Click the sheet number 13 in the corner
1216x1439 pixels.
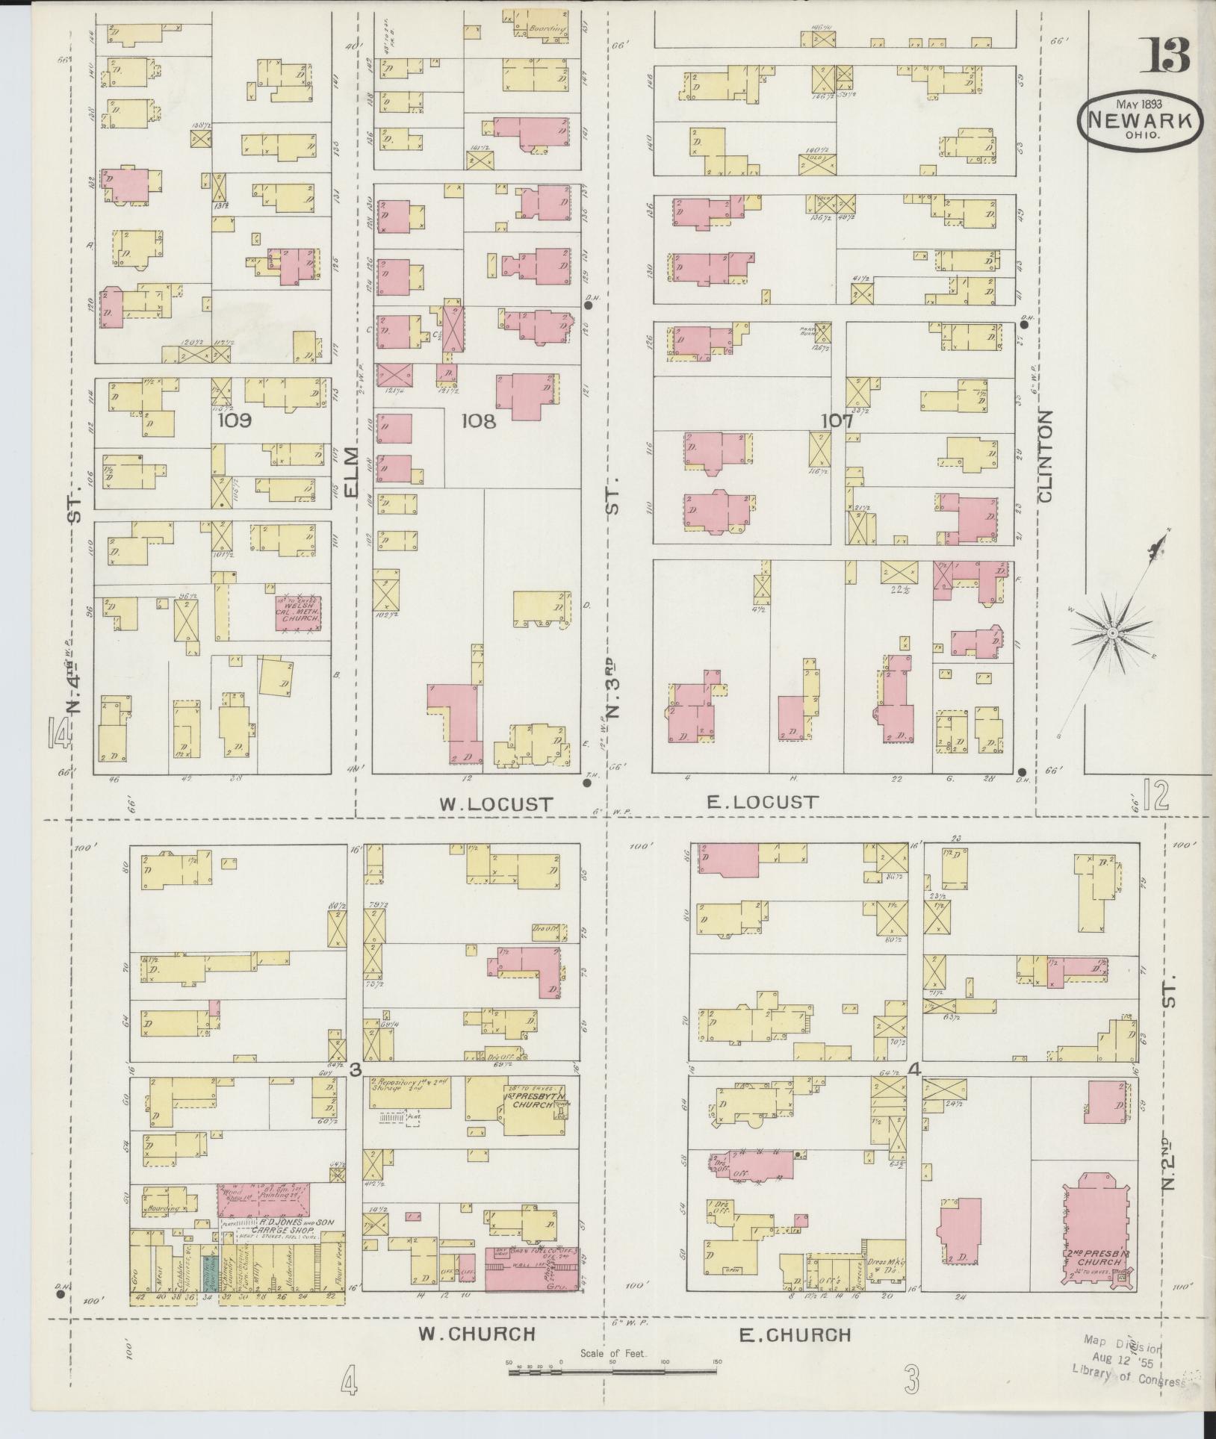[x=1170, y=55]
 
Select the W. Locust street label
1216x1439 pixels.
[x=496, y=804]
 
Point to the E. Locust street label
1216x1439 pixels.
[x=762, y=802]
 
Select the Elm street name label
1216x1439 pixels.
[x=353, y=471]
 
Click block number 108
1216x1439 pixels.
[x=478, y=421]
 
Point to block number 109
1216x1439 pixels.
[x=234, y=420]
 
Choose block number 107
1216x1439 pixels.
[x=837, y=421]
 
